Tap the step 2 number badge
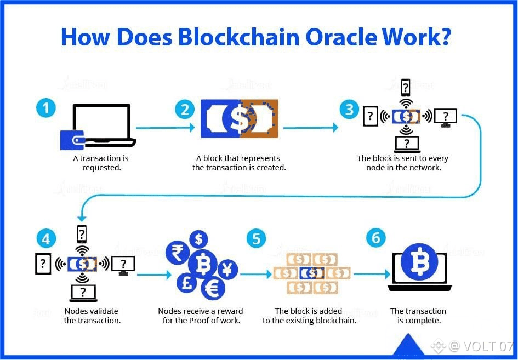pos(185,109)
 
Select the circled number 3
pos(349,109)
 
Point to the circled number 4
pos(46,239)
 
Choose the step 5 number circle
pos(256,238)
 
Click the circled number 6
pos(375,238)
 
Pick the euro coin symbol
pos(212,288)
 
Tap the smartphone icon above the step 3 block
pos(406,87)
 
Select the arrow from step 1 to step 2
pos(165,128)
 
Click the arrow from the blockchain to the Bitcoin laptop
pos(371,273)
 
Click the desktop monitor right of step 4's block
pos(123,265)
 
